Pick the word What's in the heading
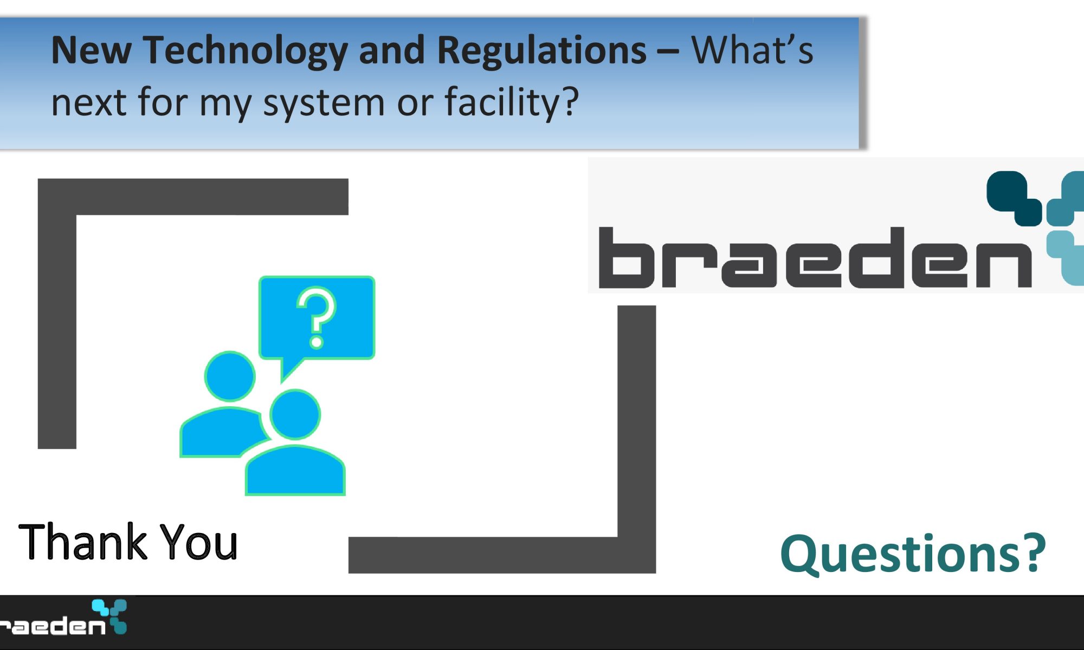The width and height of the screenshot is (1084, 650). click(752, 50)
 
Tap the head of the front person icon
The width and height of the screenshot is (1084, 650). click(295, 414)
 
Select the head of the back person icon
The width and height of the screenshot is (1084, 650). click(230, 376)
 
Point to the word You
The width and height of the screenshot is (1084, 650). click(199, 541)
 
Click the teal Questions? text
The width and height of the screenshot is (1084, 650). click(913, 554)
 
